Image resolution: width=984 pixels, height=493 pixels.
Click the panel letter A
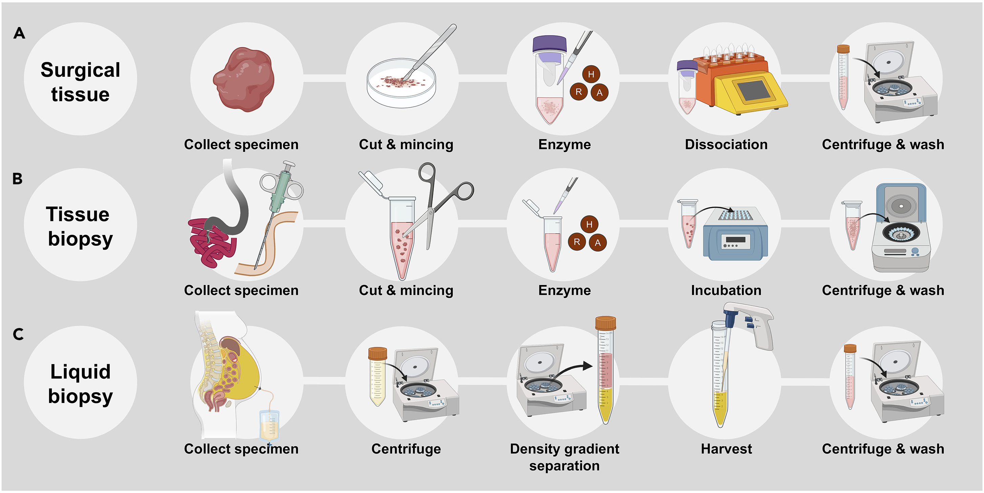pos(19,33)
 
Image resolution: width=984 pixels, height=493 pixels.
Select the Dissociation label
pos(726,144)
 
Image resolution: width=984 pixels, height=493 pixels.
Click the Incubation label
pos(726,290)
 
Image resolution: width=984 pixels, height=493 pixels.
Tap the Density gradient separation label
pos(564,457)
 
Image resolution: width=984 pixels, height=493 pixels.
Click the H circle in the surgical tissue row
pos(591,74)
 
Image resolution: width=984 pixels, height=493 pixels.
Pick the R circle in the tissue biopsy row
pos(577,242)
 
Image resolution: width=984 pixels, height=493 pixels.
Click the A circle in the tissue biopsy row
pos(598,243)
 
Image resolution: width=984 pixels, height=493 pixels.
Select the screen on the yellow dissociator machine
pos(752,91)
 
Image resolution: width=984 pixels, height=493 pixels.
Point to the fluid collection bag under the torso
pos(269,425)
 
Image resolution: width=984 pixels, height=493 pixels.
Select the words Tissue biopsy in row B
pos(80,226)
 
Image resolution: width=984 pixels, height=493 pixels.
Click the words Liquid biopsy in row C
pos(80,383)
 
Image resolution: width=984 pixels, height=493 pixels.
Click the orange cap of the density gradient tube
pos(605,324)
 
